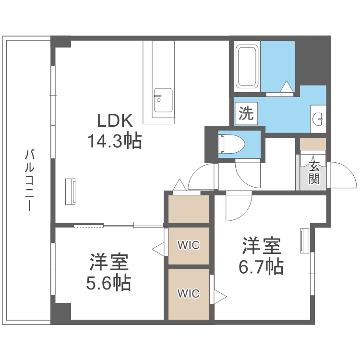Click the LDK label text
115,120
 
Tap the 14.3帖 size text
115,141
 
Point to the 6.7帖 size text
261,266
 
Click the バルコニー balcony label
30,180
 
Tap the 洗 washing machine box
246,113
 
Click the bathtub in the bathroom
247,67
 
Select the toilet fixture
231,144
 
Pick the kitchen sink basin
163,100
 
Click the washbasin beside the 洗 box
318,119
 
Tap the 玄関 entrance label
314,173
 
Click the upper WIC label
189,245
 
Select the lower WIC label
189,293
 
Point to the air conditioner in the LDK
70,192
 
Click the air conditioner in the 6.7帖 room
304,241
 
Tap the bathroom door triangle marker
287,86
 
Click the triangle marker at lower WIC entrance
220,297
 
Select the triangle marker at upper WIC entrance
158,249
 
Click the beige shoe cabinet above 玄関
313,144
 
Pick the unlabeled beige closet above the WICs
189,209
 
